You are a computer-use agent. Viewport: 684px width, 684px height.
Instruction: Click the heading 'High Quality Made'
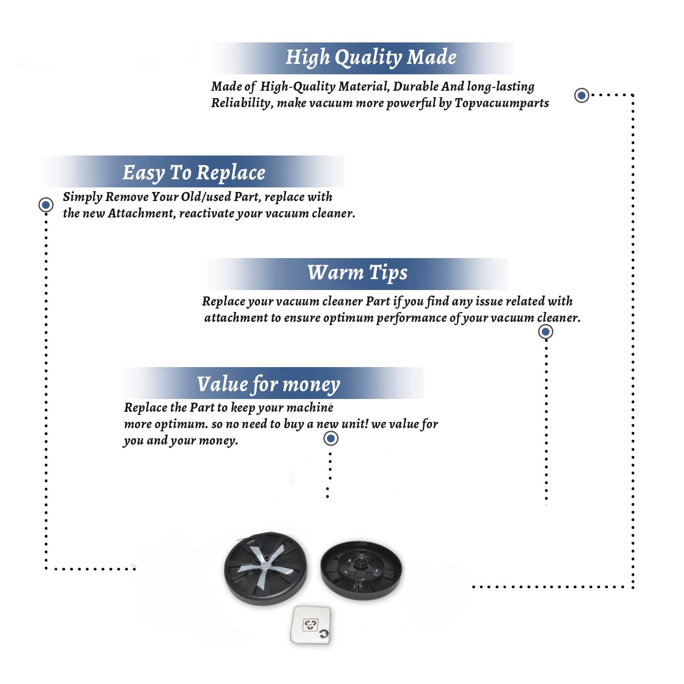coord(371,57)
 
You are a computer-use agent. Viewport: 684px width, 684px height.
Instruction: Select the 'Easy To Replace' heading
coord(194,173)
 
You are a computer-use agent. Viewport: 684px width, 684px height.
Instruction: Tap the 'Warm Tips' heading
coord(357,273)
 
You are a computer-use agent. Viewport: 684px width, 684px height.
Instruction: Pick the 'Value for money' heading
coord(269,384)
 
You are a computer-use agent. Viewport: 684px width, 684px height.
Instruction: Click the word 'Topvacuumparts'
coord(502,103)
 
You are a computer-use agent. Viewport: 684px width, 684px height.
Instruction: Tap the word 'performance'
coord(411,318)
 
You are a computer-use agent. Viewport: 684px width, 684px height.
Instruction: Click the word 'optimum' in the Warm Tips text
coord(348,318)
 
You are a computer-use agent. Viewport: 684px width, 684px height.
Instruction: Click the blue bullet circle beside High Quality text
coord(581,95)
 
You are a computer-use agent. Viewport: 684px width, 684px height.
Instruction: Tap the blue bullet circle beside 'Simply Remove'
coord(46,205)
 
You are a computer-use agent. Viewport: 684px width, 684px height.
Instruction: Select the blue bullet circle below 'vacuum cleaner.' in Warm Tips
coord(546,332)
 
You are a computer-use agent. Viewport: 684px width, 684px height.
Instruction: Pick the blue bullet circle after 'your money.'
coord(331,439)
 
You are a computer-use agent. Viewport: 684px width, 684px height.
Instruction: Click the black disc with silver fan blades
coord(265,569)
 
